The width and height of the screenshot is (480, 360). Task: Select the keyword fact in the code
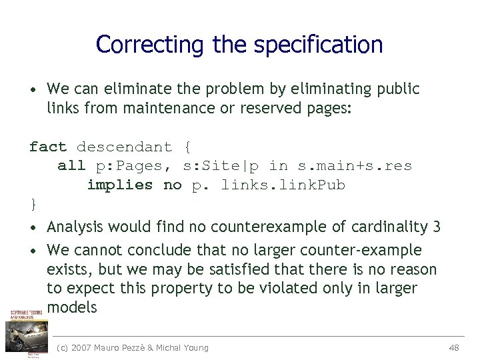tap(48, 147)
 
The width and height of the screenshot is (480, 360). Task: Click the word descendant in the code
tap(124, 147)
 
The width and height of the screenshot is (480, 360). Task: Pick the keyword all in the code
tap(71, 166)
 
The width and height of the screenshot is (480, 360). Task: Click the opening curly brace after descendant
tap(187, 147)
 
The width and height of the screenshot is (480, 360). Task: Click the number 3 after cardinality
tap(436, 227)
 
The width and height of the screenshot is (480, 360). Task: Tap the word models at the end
tap(72, 307)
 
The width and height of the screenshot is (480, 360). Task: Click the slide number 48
tap(455, 347)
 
